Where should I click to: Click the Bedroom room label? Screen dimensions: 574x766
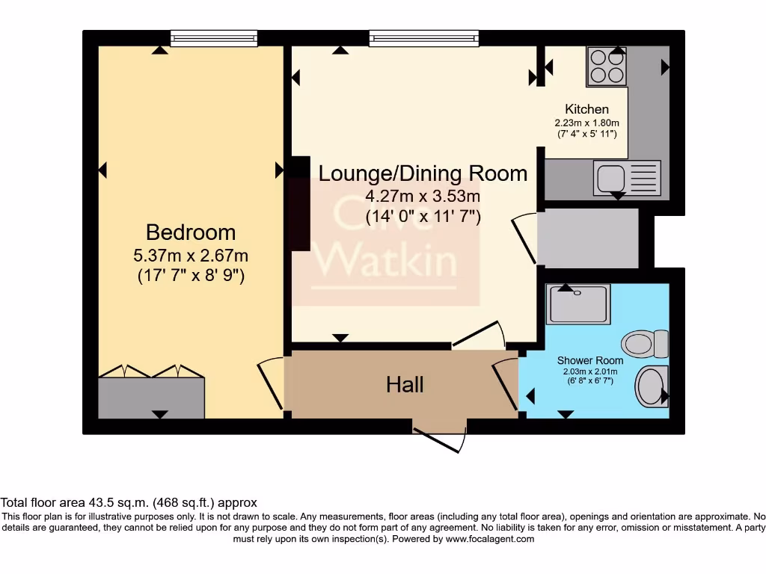(191, 232)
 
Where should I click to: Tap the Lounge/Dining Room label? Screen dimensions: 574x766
(423, 173)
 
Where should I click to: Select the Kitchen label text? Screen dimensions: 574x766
(586, 109)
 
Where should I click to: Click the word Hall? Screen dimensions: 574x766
(405, 384)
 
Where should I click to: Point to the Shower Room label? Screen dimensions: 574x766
(590, 360)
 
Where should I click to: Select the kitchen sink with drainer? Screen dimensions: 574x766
(627, 177)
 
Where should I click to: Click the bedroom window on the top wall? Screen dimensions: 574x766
(213, 38)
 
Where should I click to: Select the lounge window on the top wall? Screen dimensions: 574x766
(423, 38)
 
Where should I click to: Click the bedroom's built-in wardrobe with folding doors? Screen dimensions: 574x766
(152, 396)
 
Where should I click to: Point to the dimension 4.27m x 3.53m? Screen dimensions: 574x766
(423, 197)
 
